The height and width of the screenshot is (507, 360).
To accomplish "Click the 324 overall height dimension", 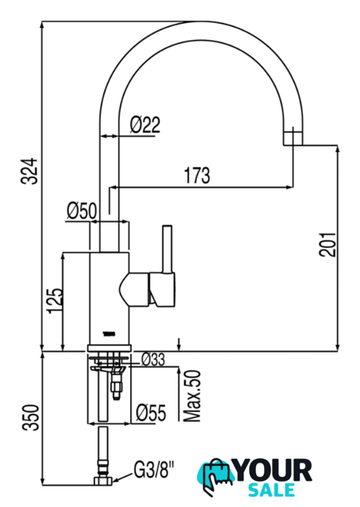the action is [29, 171].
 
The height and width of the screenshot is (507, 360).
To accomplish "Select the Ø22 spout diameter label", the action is [145, 125].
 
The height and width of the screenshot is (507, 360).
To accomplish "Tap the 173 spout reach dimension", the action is [197, 175].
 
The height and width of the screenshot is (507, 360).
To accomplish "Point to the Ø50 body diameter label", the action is [82, 211].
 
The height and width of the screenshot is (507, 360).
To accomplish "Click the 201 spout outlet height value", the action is [327, 245].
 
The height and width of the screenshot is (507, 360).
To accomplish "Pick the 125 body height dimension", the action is [56, 300].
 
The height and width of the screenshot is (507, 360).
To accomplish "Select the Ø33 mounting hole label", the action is [154, 359].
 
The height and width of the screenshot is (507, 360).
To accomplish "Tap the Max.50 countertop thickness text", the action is [192, 396].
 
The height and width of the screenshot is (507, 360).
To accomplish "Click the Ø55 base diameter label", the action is [151, 412].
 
